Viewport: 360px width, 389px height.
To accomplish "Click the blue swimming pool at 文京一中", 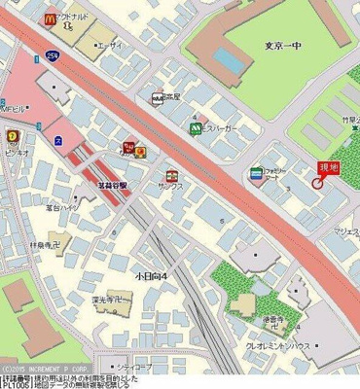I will coord(229,60).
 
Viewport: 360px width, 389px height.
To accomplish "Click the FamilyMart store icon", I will coord(256,172).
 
